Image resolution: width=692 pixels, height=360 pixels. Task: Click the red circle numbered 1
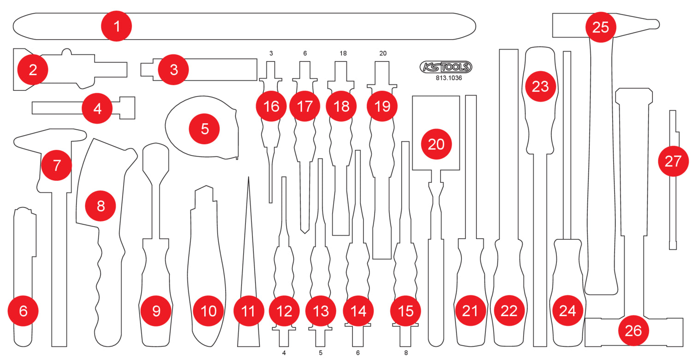point(117,26)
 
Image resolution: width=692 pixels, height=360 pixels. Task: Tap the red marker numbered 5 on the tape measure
point(205,129)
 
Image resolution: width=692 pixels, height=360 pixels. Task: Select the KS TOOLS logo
point(446,67)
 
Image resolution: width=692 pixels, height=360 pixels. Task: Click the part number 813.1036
point(448,78)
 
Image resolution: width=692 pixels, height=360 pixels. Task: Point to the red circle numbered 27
point(673,162)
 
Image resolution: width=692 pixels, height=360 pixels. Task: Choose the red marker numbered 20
point(436,144)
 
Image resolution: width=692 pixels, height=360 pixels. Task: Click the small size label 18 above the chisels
point(343,54)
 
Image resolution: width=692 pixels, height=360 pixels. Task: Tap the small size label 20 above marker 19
point(383,54)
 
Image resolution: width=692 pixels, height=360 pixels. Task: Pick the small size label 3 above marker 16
point(271,54)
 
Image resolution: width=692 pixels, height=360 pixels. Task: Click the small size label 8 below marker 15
point(406,353)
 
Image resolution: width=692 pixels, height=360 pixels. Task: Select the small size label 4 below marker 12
point(284,353)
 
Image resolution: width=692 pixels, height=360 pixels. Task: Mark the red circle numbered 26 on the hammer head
point(633,330)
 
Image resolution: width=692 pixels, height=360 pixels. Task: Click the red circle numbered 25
point(601,27)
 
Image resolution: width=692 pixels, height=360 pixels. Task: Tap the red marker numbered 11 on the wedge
point(248,311)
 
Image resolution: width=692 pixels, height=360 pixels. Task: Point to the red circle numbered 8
point(101,206)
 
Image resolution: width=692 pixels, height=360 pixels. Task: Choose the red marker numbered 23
point(540,86)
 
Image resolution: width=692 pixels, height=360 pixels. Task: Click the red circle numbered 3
point(173,70)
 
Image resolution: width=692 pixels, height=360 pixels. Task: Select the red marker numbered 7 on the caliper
point(56,165)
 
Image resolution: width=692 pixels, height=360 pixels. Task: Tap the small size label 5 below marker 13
point(321,353)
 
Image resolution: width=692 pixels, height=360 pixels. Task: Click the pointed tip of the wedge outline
point(248,178)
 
